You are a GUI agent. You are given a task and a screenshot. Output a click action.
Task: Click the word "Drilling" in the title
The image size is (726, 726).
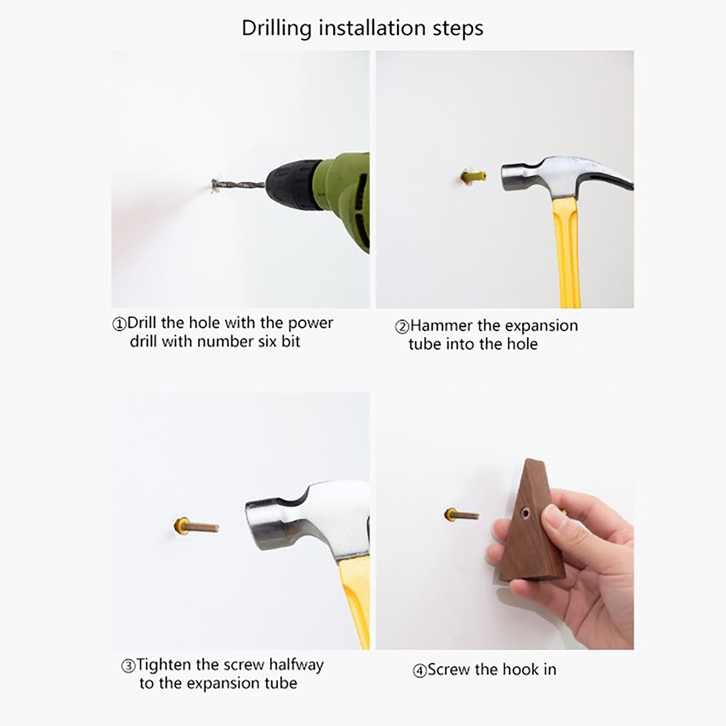277,29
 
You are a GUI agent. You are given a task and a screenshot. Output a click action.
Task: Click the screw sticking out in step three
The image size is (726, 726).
196,527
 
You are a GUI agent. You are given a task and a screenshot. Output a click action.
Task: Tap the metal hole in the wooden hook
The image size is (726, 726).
525,513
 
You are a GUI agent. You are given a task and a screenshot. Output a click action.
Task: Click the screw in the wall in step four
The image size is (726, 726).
462,515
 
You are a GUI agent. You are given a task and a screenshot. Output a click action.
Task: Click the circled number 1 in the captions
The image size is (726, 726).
119,324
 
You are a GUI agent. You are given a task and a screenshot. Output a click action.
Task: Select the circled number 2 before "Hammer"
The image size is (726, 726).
402,327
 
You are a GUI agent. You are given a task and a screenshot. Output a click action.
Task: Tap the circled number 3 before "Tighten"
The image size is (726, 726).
128,666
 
